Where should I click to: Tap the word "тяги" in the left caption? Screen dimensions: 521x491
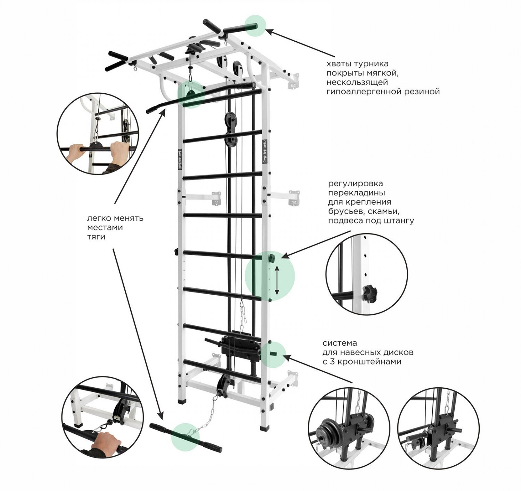point(96,237)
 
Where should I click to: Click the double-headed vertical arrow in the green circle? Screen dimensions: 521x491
point(277,280)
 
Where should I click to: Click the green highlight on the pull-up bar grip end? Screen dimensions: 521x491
point(255,25)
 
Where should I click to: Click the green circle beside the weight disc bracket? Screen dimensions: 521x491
point(274,354)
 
